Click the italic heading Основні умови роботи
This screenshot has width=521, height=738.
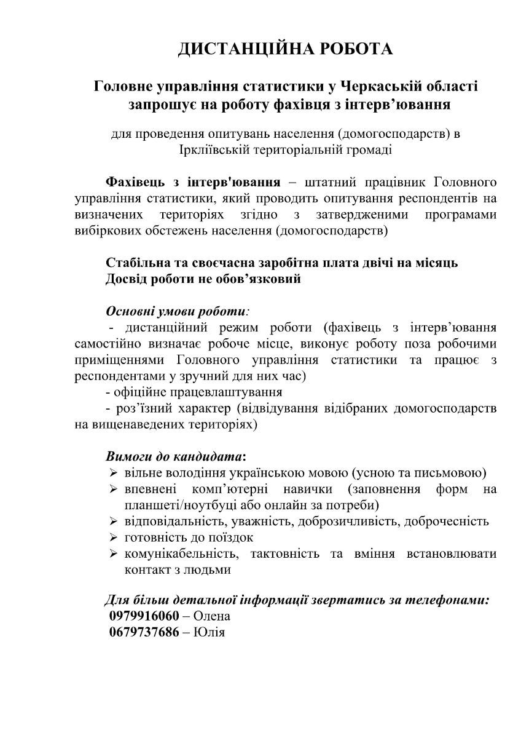178,311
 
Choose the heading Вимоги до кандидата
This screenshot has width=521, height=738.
175,457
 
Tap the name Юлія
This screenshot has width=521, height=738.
210,632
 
